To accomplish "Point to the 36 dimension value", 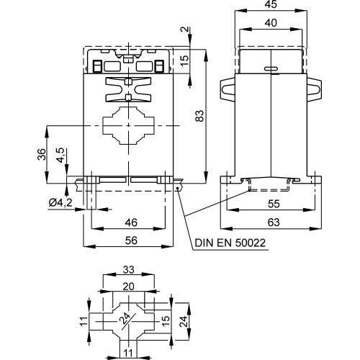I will click(41, 154).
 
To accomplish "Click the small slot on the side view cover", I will click(271, 70).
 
